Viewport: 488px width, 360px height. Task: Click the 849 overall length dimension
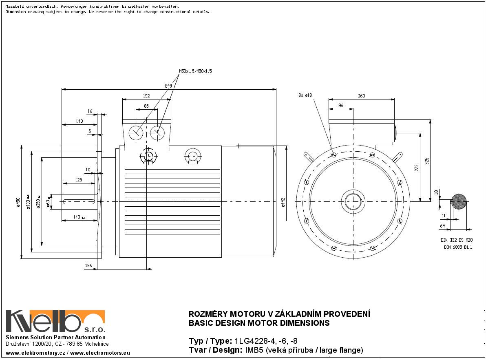(168, 86)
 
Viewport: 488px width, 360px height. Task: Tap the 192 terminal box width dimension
(146, 96)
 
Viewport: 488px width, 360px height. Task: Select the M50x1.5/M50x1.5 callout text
(195, 71)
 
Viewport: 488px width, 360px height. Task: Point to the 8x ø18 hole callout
(305, 95)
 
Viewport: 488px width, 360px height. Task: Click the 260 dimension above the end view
(361, 96)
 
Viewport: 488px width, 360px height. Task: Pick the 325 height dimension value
(427, 161)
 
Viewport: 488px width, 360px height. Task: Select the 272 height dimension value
(417, 168)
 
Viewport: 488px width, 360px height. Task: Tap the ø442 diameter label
(283, 202)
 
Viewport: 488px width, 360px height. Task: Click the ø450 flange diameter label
(18, 202)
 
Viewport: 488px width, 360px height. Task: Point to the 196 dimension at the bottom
(88, 266)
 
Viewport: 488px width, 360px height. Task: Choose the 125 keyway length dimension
(78, 180)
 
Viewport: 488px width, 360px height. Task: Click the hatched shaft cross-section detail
(459, 201)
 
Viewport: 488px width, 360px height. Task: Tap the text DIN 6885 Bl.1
(458, 247)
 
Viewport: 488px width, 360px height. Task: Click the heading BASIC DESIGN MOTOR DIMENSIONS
(259, 323)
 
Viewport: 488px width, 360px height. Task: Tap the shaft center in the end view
(353, 201)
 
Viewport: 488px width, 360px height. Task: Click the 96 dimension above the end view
(340, 106)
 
